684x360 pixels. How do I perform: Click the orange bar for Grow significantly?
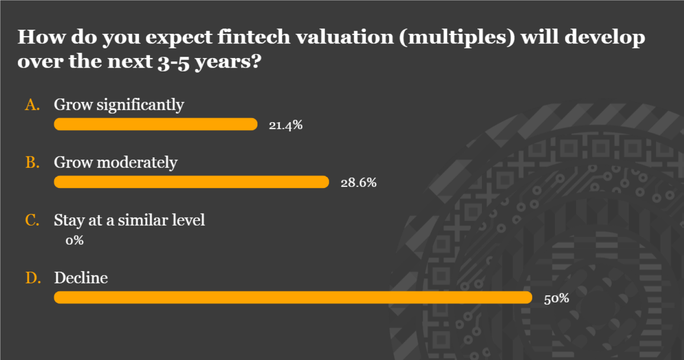(156, 124)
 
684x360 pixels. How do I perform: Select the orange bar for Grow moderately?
(192, 182)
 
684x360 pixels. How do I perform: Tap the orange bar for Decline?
(293, 298)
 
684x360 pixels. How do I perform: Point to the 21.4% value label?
(285, 125)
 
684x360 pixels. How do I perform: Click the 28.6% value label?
(358, 183)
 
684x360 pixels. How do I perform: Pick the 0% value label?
(75, 241)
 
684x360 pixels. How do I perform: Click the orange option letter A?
(32, 105)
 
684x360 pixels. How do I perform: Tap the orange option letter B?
(32, 162)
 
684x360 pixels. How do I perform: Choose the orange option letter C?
(32, 220)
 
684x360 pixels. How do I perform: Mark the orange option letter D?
(33, 278)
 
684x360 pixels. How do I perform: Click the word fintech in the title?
(254, 37)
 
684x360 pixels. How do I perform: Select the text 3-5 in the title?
(173, 63)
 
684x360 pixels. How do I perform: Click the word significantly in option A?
(140, 105)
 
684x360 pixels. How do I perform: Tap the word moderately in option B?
(137, 163)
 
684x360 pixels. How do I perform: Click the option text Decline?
(81, 278)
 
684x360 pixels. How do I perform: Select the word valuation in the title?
(345, 37)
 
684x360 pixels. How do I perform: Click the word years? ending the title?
(228, 62)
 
